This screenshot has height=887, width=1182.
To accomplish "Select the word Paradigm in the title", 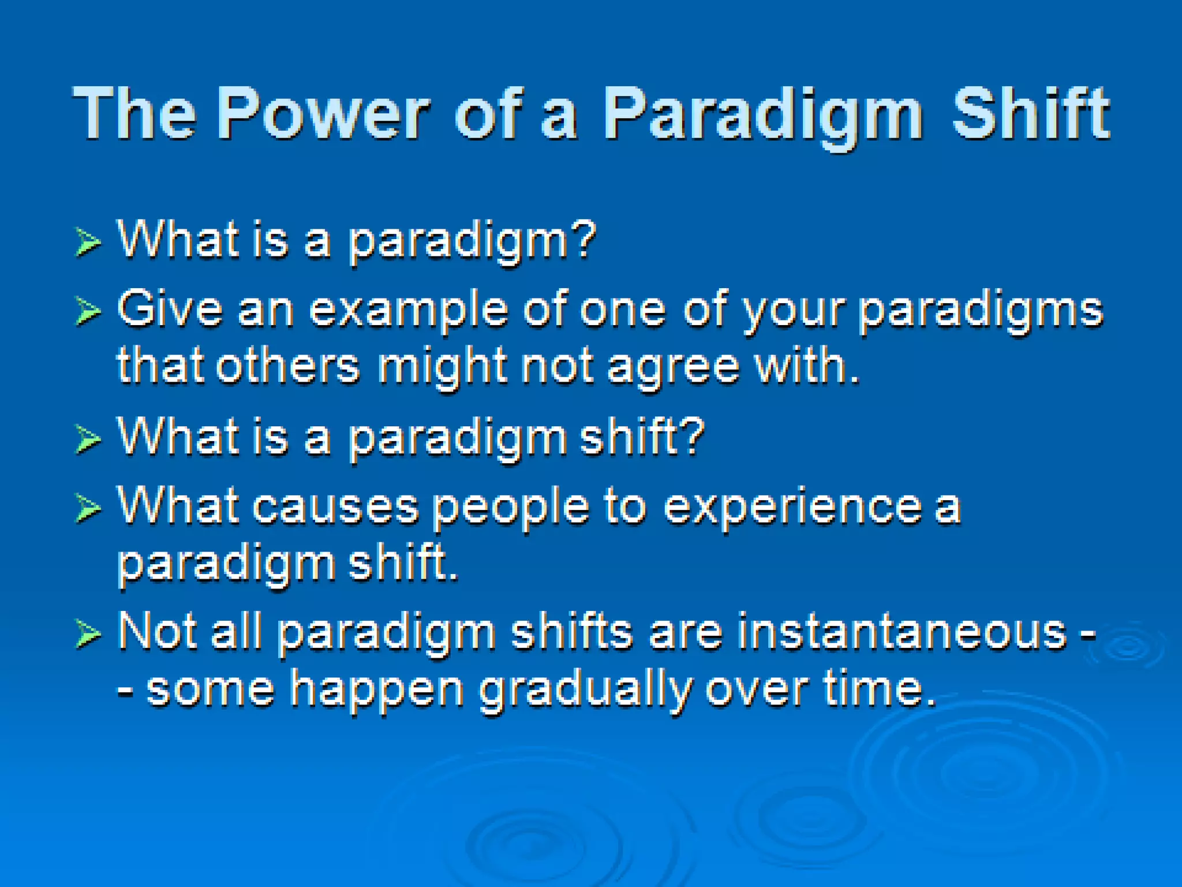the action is tap(764, 118).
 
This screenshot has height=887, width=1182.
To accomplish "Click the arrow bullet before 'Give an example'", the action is tap(88, 312).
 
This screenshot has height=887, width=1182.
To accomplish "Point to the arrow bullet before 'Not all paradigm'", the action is tap(88, 634).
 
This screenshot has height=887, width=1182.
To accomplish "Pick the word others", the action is tap(288, 366).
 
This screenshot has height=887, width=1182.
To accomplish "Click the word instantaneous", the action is tap(902, 632).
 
